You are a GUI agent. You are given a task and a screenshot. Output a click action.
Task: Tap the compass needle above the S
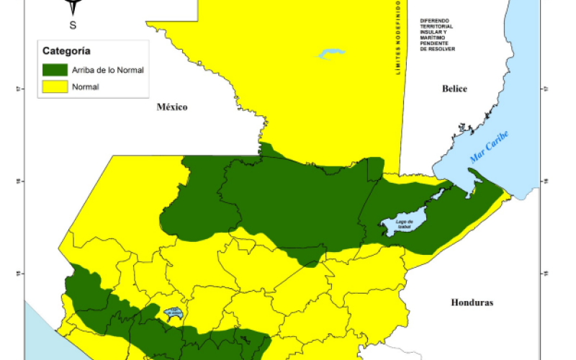(x=73, y=8)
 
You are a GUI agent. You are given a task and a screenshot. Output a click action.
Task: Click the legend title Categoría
(x=66, y=50)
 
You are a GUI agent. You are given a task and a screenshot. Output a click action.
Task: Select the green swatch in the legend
(x=55, y=71)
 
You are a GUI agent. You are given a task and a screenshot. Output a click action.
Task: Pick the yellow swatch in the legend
(x=55, y=87)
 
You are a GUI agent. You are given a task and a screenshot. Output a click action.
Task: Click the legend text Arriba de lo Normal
(x=107, y=71)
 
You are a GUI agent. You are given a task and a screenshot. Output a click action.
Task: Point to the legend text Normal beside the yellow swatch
(x=85, y=87)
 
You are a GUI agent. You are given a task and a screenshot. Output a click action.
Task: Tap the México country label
(x=172, y=107)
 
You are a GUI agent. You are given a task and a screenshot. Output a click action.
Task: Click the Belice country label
(x=454, y=89)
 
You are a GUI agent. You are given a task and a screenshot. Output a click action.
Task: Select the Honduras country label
(x=472, y=303)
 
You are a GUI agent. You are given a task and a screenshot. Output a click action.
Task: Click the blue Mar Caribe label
(x=489, y=147)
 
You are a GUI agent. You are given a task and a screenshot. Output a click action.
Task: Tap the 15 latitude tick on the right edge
(x=546, y=273)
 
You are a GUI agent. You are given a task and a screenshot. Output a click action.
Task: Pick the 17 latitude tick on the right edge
(x=546, y=89)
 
